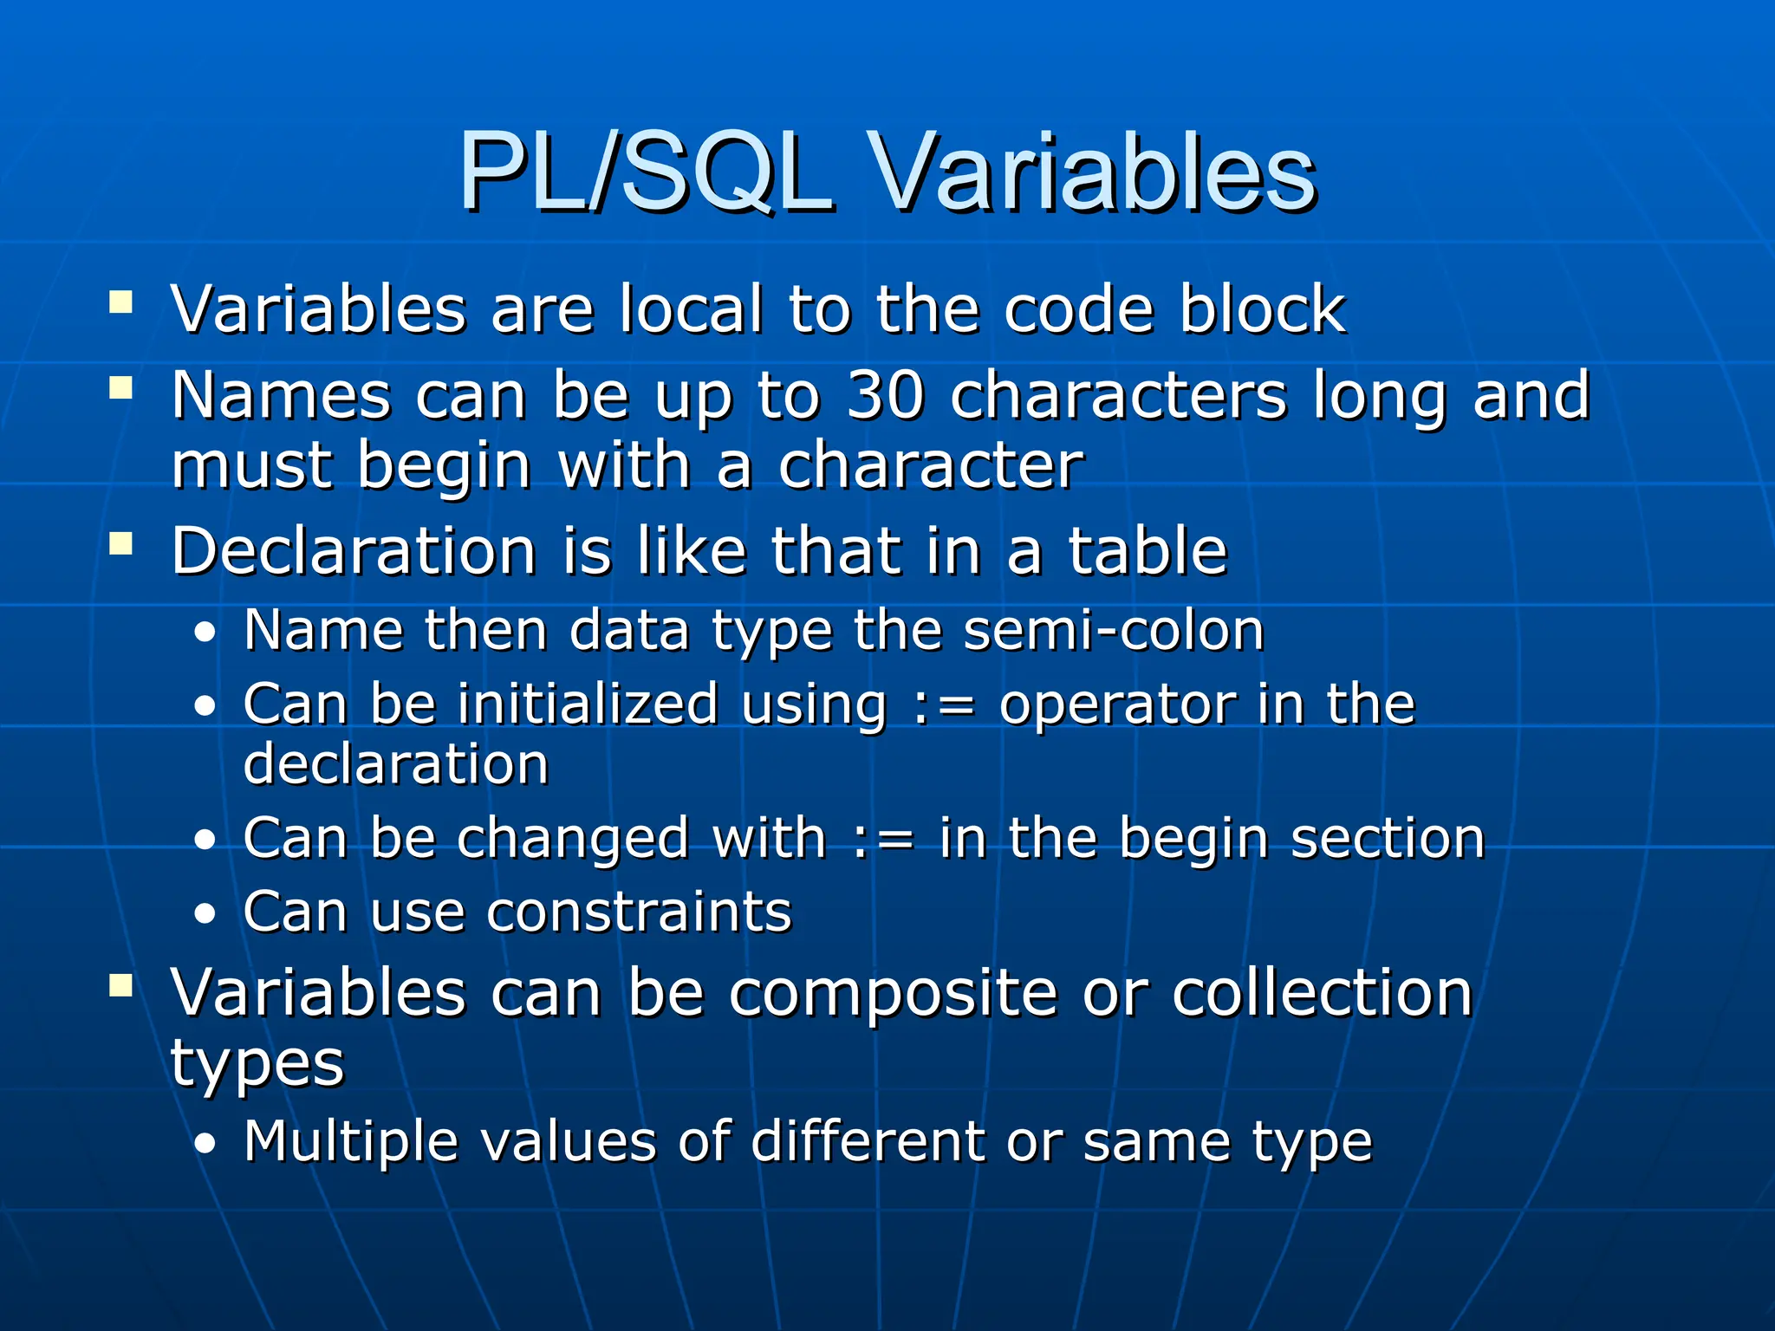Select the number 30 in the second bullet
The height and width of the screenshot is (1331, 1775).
tap(884, 395)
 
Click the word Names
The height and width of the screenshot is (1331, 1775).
tap(281, 395)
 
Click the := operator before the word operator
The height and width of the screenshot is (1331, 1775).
tap(944, 705)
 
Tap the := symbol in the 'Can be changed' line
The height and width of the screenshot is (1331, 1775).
tap(883, 840)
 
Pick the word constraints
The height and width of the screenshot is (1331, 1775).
tap(639, 912)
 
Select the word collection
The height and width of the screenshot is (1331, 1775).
tap(1322, 993)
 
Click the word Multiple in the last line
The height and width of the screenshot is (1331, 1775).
tap(350, 1142)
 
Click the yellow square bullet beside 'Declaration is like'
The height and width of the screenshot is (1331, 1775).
tap(121, 544)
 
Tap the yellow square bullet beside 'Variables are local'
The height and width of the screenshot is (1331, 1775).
tap(121, 302)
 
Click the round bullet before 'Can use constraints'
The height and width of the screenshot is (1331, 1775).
tap(205, 914)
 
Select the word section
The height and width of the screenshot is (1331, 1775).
tap(1388, 840)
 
